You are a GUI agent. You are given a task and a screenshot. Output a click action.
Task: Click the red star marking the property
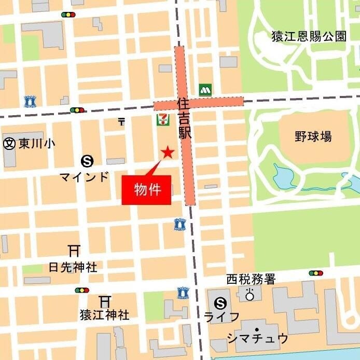click(x=168, y=152)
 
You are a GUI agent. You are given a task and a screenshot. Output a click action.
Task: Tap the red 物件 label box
click(x=146, y=190)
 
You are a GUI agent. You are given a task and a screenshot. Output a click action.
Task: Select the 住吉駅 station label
click(x=185, y=118)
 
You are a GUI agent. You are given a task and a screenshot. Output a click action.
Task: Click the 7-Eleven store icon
click(x=162, y=119)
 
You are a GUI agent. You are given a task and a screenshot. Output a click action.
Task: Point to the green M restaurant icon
click(x=205, y=89)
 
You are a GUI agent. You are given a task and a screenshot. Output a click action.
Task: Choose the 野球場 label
click(x=313, y=137)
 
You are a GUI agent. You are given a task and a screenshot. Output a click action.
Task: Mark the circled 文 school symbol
click(x=9, y=144)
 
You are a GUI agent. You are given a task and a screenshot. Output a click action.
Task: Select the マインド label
click(x=85, y=176)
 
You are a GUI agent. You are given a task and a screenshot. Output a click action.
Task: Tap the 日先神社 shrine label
click(x=73, y=267)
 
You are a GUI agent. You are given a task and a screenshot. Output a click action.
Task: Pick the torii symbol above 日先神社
click(x=74, y=251)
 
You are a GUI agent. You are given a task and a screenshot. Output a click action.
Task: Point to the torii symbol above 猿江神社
click(x=105, y=300)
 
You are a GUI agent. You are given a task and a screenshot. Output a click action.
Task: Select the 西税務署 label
click(x=251, y=280)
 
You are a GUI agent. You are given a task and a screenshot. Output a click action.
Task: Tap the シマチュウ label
click(x=257, y=338)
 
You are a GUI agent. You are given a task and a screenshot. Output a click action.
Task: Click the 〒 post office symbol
click(x=122, y=122)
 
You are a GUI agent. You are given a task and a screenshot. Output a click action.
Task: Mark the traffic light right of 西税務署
click(x=315, y=273)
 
